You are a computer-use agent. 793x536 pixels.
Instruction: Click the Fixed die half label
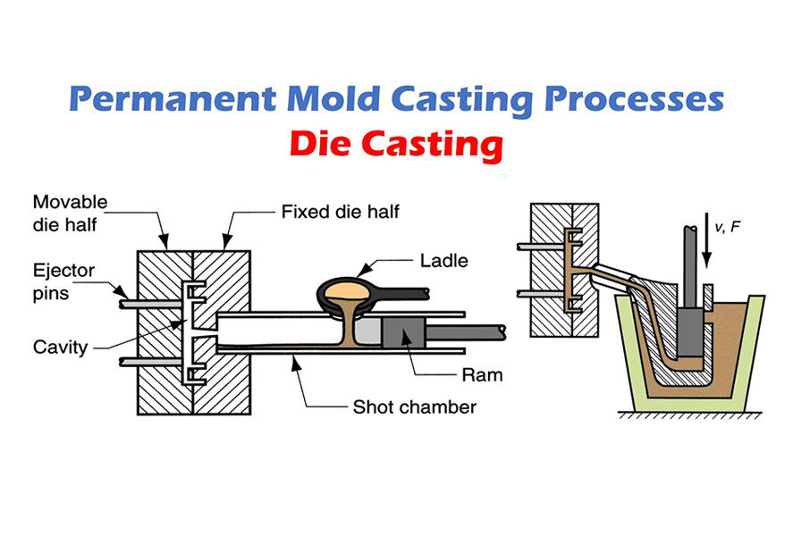[x=340, y=212]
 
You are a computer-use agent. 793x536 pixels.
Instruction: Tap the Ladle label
[x=443, y=261]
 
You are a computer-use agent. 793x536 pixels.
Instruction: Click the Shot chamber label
[x=414, y=407]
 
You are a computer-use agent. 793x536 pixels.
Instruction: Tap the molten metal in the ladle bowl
[x=346, y=289]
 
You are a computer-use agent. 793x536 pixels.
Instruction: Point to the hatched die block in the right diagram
[x=551, y=268]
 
